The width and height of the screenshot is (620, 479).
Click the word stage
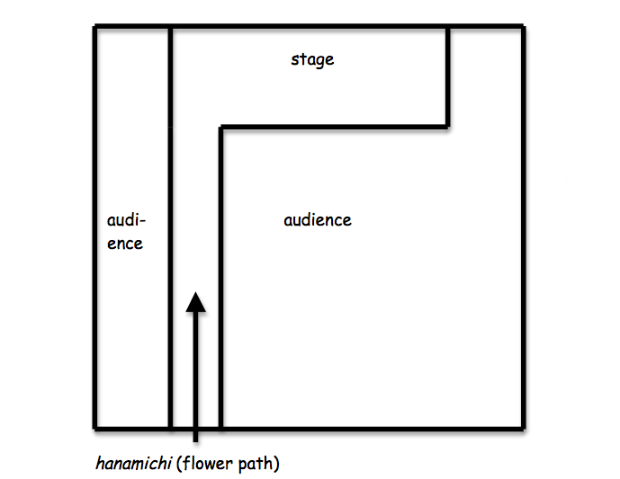tap(312, 60)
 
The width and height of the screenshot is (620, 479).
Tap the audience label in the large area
tap(317, 220)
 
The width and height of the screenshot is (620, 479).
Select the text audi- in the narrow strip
tap(126, 220)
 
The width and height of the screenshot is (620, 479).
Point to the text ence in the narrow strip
tap(125, 244)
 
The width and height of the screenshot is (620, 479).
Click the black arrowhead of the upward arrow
tap(195, 300)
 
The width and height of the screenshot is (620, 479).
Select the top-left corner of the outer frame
tap(94, 27)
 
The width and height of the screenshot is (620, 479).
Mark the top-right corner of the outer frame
tap(524, 27)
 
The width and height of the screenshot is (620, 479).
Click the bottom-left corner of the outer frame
tap(94, 427)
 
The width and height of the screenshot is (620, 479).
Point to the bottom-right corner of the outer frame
tap(524, 427)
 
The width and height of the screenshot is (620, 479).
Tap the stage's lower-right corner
tap(448, 127)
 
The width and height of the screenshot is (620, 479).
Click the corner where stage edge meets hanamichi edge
tap(220, 128)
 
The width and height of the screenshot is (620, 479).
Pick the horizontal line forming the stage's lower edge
tap(333, 127)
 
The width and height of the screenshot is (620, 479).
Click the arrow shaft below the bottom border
tap(195, 435)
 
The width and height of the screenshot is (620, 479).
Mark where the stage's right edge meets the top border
tap(448, 27)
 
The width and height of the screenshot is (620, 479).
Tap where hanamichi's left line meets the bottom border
tap(170, 427)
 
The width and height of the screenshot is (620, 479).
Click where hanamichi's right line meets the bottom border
tap(220, 427)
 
